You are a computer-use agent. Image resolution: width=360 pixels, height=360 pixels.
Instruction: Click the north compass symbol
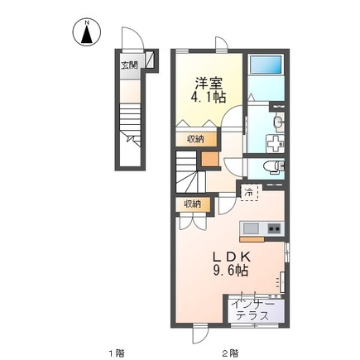(x=87, y=32)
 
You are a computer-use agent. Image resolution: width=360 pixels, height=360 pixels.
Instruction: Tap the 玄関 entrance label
(x=129, y=65)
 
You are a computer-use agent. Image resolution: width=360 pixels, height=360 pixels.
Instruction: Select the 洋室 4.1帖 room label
(x=209, y=90)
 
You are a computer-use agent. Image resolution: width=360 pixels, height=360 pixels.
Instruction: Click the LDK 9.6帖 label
(x=231, y=264)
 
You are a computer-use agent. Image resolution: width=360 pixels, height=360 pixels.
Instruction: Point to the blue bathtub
(x=266, y=65)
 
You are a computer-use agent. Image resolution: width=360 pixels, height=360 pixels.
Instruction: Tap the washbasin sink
(x=278, y=122)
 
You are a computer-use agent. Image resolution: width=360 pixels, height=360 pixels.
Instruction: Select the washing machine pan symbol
(x=275, y=143)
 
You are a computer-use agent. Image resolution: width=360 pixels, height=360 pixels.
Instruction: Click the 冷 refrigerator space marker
(x=249, y=193)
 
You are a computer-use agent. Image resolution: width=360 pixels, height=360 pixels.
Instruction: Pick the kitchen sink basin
(x=251, y=228)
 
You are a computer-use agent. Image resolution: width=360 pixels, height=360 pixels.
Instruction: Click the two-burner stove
(x=275, y=228)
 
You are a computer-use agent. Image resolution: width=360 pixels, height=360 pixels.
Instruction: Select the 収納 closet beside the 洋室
(x=196, y=139)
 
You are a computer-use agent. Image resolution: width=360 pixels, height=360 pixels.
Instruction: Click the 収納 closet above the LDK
(x=193, y=204)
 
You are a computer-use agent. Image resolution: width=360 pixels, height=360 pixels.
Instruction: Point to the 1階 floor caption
(x=116, y=353)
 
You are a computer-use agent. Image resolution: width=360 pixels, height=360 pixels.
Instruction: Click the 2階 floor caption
(x=230, y=353)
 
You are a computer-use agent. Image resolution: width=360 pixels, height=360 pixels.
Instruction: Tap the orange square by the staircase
(x=210, y=159)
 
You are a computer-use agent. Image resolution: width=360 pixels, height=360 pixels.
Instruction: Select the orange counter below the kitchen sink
(x=252, y=239)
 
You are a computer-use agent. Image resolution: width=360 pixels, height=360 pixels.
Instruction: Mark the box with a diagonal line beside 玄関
(x=150, y=59)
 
